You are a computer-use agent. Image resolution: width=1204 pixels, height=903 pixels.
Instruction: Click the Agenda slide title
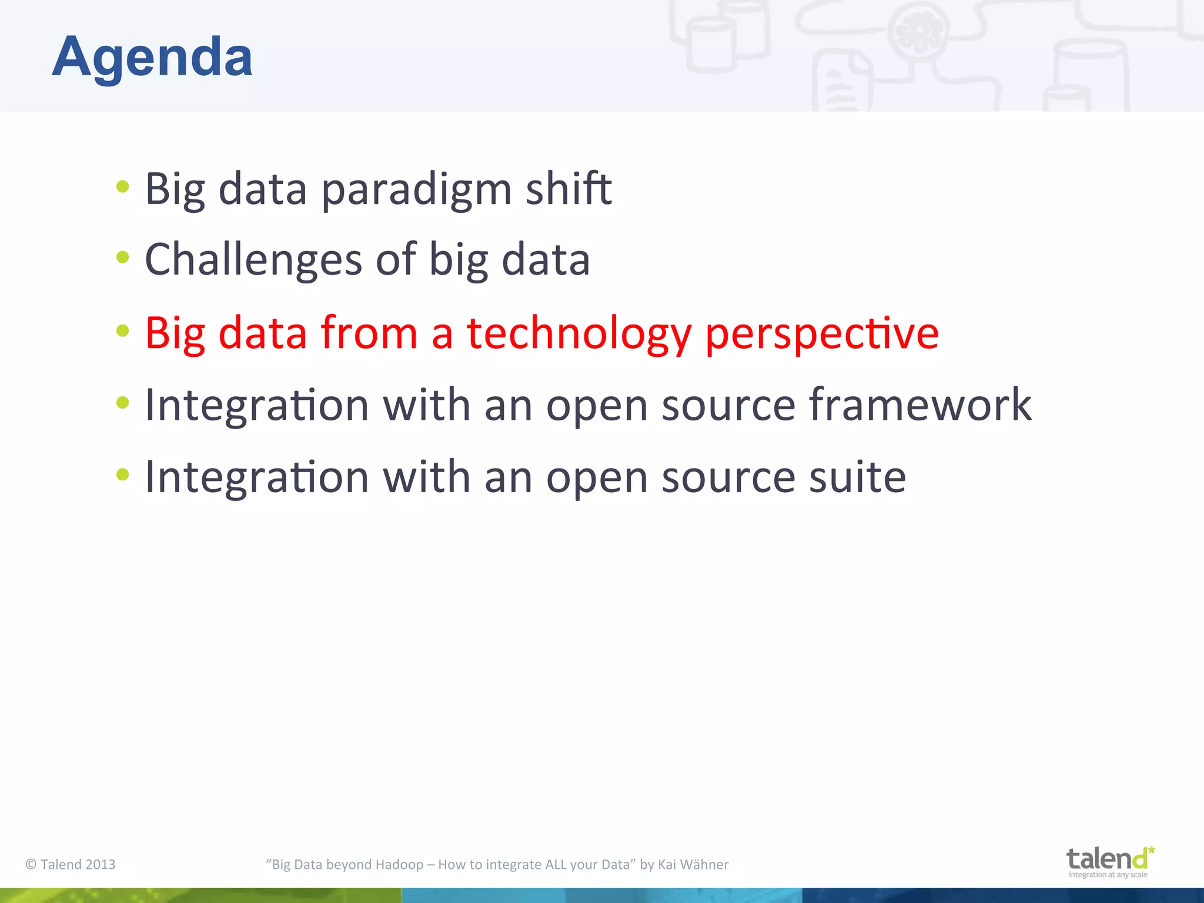point(152,58)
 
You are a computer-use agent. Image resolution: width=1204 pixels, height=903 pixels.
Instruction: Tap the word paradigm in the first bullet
point(416,189)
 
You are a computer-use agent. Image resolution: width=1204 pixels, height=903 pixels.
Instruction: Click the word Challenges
point(253,260)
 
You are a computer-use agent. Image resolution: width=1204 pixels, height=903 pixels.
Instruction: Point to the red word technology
point(578,334)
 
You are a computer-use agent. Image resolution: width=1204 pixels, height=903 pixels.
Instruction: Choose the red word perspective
point(821,334)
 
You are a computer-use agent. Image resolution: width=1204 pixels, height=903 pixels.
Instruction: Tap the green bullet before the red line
point(122,330)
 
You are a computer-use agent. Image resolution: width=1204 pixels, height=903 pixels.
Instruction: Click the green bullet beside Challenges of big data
point(122,257)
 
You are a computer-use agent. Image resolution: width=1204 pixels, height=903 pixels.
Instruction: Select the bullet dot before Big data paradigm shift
point(122,187)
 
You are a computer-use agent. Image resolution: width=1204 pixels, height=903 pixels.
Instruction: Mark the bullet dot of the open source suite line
point(122,474)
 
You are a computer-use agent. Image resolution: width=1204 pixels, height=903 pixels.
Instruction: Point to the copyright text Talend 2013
point(71,864)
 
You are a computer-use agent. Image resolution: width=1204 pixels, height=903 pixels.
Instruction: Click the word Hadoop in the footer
point(399,864)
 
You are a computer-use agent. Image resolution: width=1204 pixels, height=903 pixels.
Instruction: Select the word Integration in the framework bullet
point(256,406)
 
